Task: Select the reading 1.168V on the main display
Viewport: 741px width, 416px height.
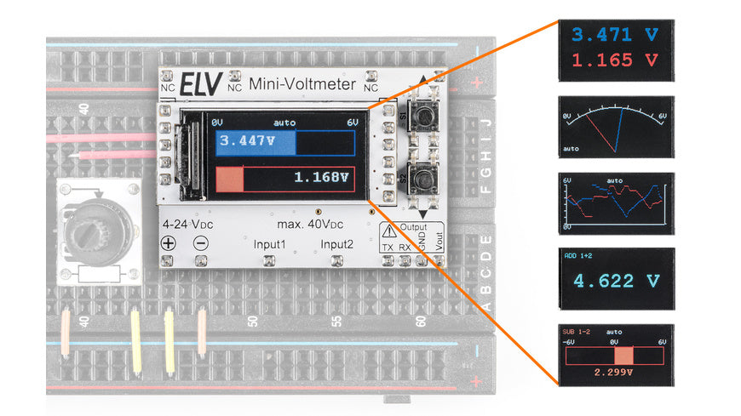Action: (x=321, y=178)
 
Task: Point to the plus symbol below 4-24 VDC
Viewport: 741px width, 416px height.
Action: (x=169, y=242)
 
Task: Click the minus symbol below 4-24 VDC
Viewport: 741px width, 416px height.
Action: (x=201, y=242)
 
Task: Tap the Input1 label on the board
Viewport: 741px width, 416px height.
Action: (x=270, y=245)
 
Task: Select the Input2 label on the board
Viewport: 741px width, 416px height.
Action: (x=337, y=245)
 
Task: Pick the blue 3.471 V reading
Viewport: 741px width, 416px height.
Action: (x=614, y=35)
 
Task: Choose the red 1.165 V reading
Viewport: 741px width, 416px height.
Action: (x=614, y=60)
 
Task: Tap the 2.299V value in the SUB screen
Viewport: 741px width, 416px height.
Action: (x=614, y=372)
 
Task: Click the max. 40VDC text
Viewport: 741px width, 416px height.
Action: (x=309, y=225)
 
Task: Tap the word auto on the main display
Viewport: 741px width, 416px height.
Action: (x=284, y=123)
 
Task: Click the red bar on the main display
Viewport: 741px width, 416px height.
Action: (x=230, y=179)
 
